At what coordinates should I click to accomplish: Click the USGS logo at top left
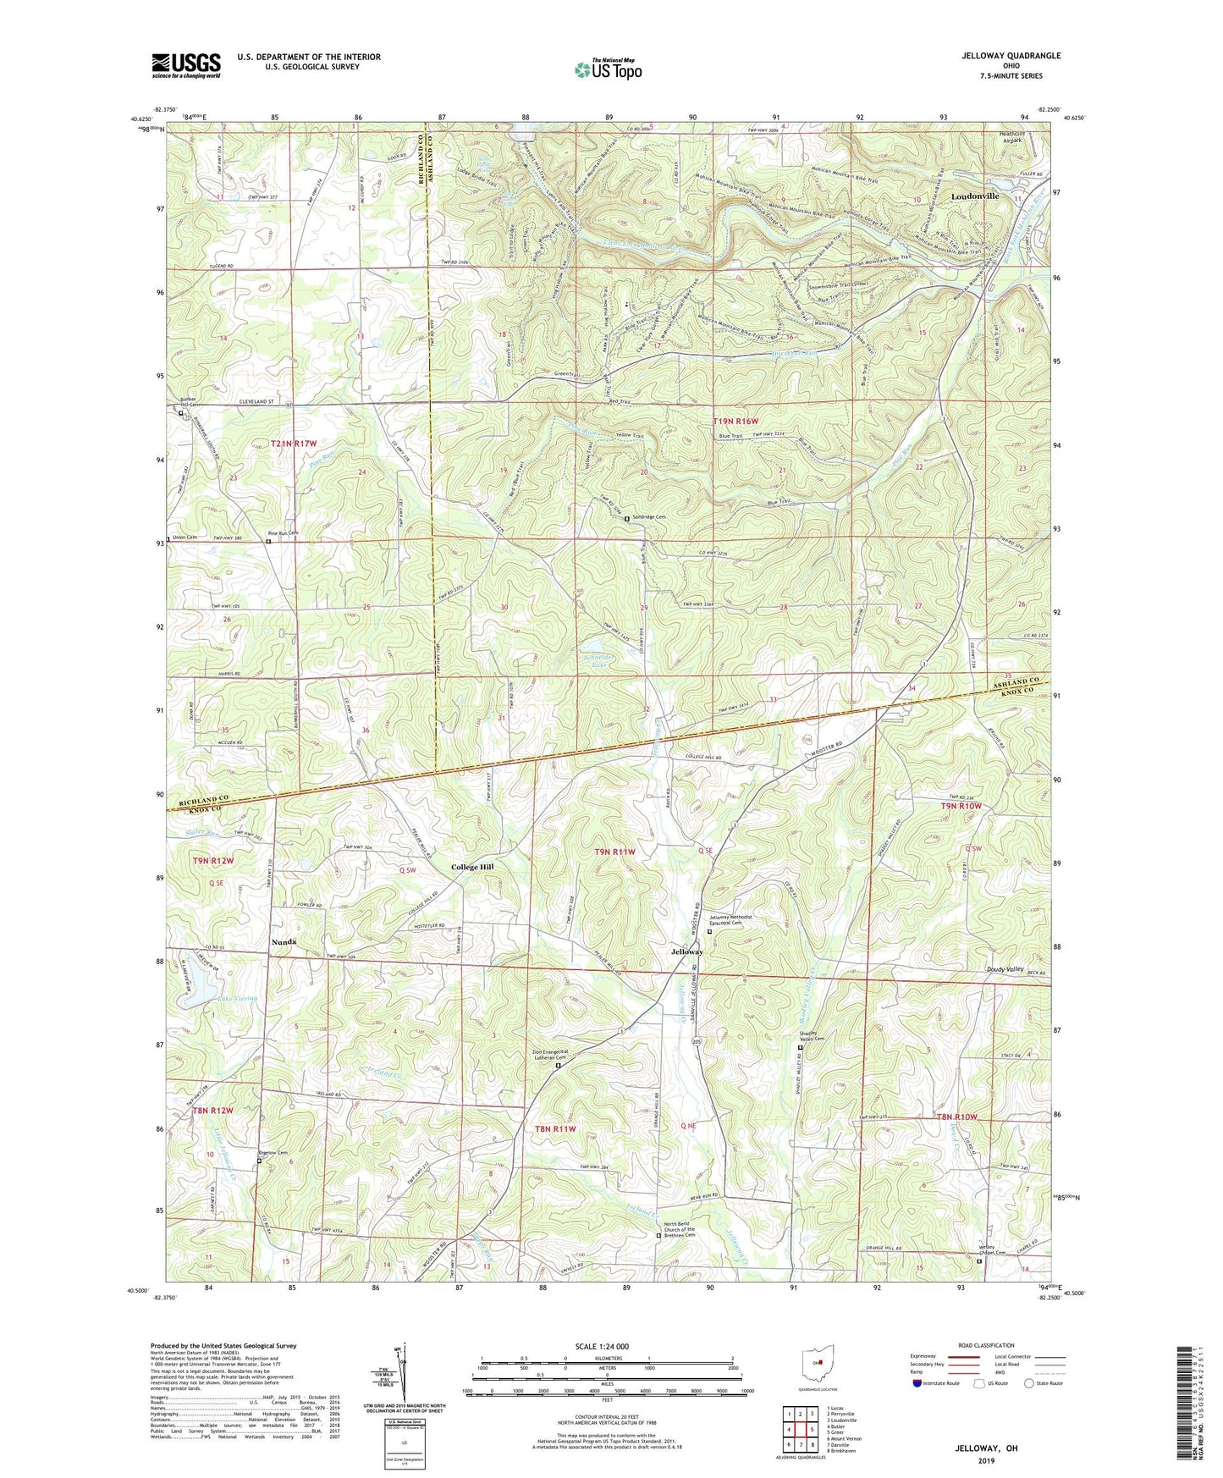[186, 65]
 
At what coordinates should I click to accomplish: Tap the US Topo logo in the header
[607, 69]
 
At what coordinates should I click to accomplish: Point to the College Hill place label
[472, 867]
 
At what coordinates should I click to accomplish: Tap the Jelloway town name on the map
[687, 951]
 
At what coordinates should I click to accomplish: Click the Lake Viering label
[237, 999]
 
